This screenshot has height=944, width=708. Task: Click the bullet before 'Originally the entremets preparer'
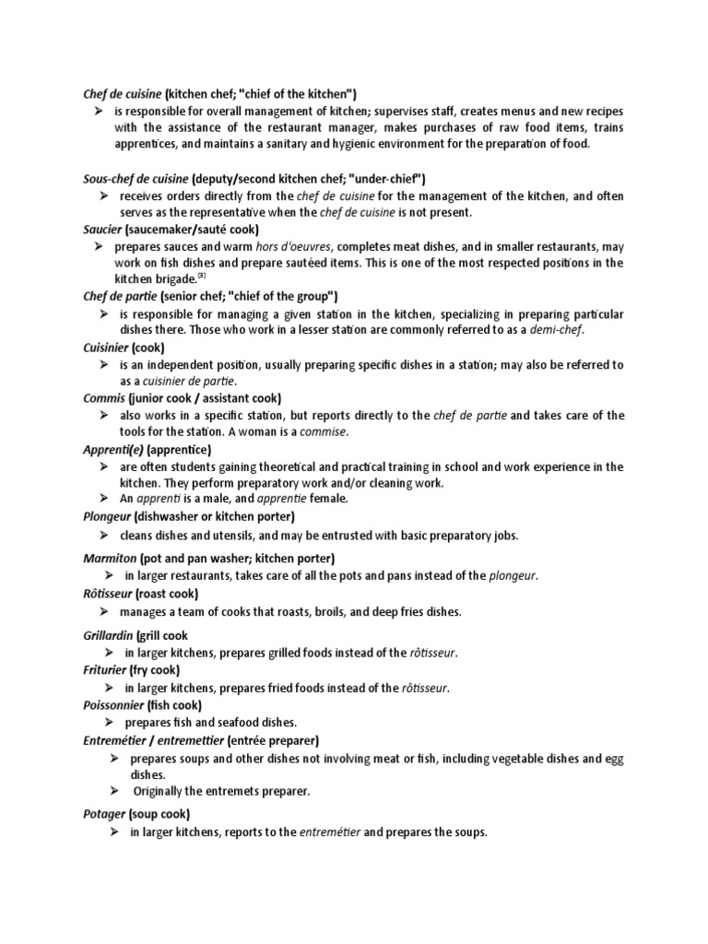[114, 790]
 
